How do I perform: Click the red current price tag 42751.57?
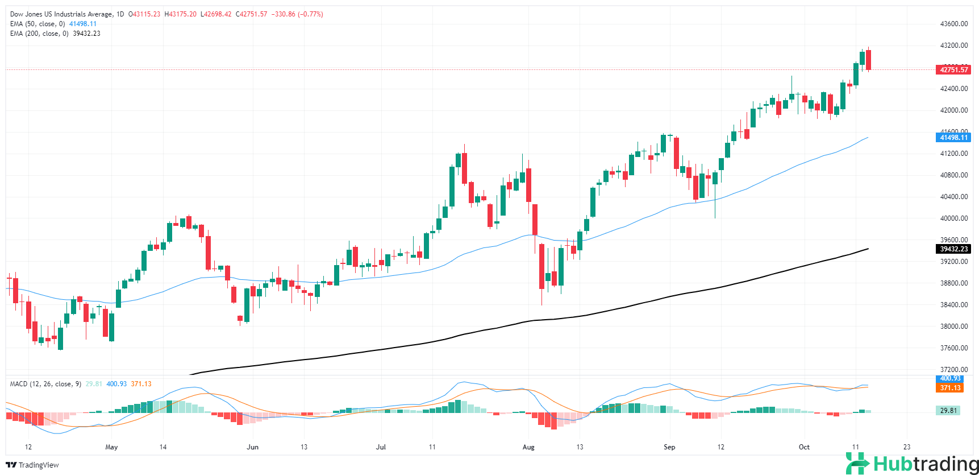pyautogui.click(x=953, y=70)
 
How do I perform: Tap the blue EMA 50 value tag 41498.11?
pyautogui.click(x=953, y=138)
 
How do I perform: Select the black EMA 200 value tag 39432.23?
pyautogui.click(x=953, y=249)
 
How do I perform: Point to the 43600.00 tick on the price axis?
pyautogui.click(x=953, y=24)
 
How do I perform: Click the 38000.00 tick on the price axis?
pyautogui.click(x=953, y=327)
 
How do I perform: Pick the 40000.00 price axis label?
pyautogui.click(x=953, y=218)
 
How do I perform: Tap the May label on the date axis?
pyautogui.click(x=111, y=447)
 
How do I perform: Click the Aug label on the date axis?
pyautogui.click(x=528, y=447)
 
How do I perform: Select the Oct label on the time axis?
pyautogui.click(x=804, y=447)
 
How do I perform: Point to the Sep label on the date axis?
pyautogui.click(x=669, y=447)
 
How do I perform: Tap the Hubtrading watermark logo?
pyautogui.click(x=912, y=464)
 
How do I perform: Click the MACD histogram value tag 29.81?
pyautogui.click(x=948, y=411)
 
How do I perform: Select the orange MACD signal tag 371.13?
pyautogui.click(x=950, y=388)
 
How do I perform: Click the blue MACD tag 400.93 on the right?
pyautogui.click(x=950, y=378)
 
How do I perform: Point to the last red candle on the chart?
pyautogui.click(x=868, y=60)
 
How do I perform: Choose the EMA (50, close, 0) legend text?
pyautogui.click(x=38, y=24)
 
